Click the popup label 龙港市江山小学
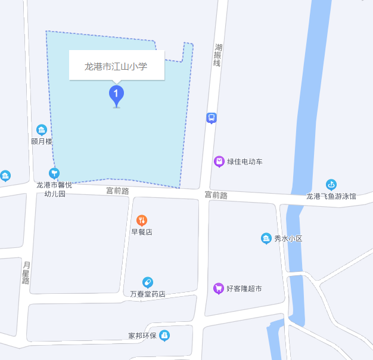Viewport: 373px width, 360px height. point(116,67)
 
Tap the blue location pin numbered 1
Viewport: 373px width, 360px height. point(116,94)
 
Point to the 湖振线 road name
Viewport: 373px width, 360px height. point(218,55)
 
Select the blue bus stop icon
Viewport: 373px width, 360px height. point(212,117)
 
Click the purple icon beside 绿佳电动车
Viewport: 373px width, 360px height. point(219,161)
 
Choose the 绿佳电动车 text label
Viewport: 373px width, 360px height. point(244,162)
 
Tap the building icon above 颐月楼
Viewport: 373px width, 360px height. point(42,129)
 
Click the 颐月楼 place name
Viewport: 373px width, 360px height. point(42,141)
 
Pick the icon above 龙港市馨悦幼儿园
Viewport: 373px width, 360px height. point(54,173)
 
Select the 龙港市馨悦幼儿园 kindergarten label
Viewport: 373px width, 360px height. point(54,189)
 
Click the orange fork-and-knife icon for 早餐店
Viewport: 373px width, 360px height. point(142,220)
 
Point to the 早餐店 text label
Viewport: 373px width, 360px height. point(142,232)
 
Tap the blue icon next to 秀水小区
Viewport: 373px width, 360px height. point(266,238)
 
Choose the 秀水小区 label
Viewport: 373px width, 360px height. point(288,239)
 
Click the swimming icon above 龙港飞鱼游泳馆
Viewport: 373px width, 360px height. point(331,184)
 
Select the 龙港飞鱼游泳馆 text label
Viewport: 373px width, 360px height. point(331,196)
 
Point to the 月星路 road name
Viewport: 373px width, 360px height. point(26,272)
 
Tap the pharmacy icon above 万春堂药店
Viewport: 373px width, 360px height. point(147,282)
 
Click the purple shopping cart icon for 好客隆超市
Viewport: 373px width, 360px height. point(219,288)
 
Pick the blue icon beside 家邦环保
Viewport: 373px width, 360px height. point(164,336)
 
